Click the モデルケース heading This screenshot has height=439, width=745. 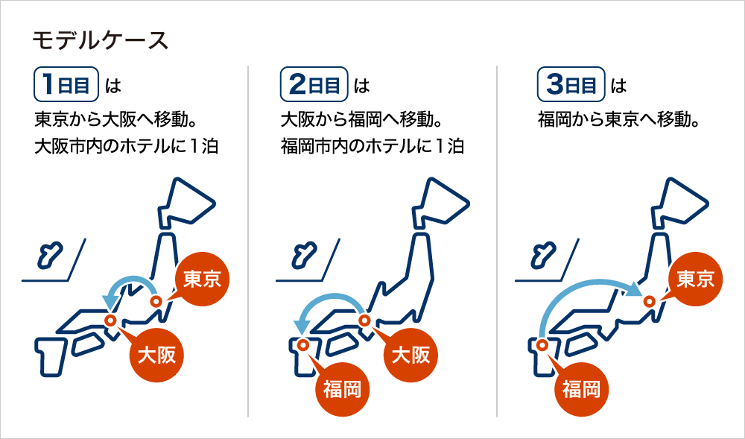tap(101, 41)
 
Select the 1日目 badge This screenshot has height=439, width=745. tap(66, 85)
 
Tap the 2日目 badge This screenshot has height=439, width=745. tap(314, 85)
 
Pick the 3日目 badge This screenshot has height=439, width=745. tap(571, 85)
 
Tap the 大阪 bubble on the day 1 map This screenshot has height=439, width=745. tap(156, 355)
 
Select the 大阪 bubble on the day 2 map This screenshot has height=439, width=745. tap(411, 355)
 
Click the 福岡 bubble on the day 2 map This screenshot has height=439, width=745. tap(342, 390)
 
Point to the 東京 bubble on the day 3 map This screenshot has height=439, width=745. tap(695, 279)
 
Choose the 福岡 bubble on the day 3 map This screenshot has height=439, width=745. tap(581, 390)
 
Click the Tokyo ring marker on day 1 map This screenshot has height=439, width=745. tap(156, 301)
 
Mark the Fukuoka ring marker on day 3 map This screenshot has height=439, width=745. tap(541, 344)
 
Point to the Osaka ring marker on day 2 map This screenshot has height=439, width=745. tap(364, 320)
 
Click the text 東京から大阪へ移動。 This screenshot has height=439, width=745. tap(115, 120)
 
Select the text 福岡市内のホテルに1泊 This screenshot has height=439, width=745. tap(372, 146)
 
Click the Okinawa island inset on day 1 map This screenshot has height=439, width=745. tap(49, 256)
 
